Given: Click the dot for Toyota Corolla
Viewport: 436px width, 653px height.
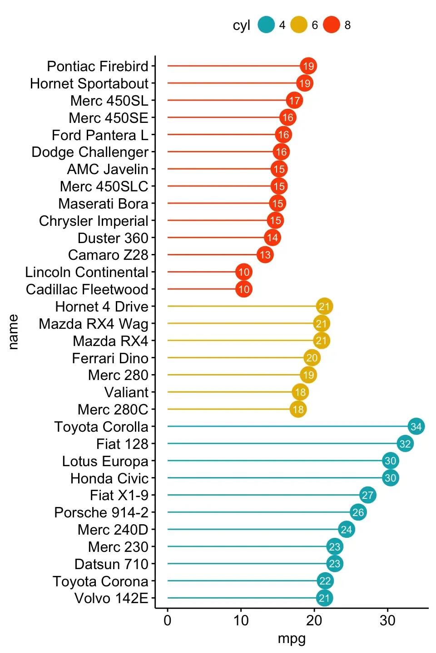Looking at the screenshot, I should pyautogui.click(x=416, y=426).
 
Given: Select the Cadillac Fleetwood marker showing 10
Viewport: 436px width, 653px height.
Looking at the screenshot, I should pyautogui.click(x=244, y=289).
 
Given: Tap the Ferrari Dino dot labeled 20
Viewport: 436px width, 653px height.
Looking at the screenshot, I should pyautogui.click(x=312, y=358).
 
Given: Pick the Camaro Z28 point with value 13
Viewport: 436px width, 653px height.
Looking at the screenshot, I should pyautogui.click(x=265, y=255).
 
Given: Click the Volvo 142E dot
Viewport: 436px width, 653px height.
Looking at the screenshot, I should pyautogui.click(x=324, y=598).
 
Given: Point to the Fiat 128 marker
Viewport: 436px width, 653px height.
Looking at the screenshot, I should pyautogui.click(x=405, y=443).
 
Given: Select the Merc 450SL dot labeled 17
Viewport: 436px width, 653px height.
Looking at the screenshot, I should pyautogui.click(x=294, y=100).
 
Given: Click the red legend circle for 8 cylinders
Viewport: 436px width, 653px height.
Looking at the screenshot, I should pyautogui.click(x=332, y=25).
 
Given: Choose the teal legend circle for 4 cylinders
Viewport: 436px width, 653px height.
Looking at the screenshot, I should pyautogui.click(x=266, y=25).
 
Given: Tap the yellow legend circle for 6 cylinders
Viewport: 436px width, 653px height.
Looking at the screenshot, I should pyautogui.click(x=299, y=25).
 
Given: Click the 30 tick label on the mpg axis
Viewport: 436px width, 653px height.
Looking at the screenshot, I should pyautogui.click(x=387, y=621).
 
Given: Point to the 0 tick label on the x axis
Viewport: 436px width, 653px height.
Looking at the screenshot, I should pyautogui.click(x=168, y=621).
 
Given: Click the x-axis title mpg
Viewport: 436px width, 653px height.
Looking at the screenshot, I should pyautogui.click(x=292, y=638).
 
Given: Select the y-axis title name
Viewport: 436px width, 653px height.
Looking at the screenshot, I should pyautogui.click(x=13, y=332).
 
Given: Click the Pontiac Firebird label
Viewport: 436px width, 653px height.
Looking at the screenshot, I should pyautogui.click(x=98, y=66).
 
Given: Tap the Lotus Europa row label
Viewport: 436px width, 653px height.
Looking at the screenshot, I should pyautogui.click(x=105, y=461).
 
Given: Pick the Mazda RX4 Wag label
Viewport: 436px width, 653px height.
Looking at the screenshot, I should pyautogui.click(x=94, y=324).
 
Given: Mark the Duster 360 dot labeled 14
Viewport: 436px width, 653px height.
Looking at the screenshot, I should pyautogui.click(x=272, y=238).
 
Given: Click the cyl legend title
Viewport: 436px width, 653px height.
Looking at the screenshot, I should pyautogui.click(x=242, y=25).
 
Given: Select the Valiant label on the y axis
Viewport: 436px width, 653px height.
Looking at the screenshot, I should pyautogui.click(x=126, y=392).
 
